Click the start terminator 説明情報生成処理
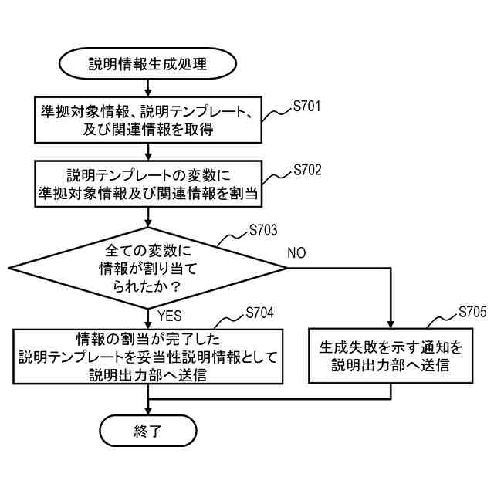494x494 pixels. [147, 64]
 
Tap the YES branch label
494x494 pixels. [170, 316]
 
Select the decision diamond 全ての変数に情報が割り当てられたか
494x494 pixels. [147, 268]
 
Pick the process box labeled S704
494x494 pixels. [147, 356]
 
